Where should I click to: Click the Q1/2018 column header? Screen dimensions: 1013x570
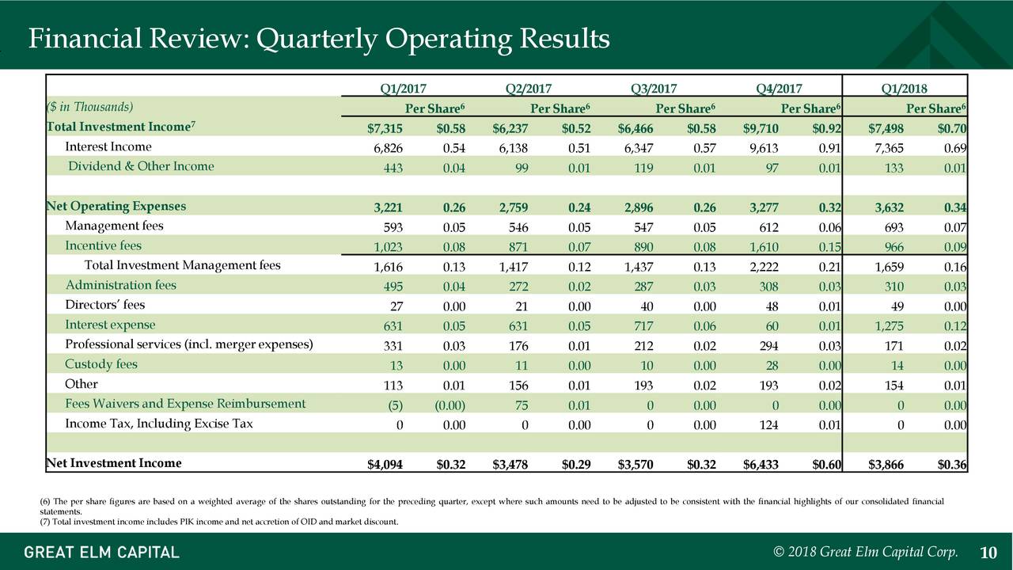[904, 89]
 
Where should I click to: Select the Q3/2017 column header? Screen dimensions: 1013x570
[654, 89]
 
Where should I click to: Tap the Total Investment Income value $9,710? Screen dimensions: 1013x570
[761, 129]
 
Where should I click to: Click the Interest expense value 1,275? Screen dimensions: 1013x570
[890, 326]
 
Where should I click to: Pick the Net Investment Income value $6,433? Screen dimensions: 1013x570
[761, 465]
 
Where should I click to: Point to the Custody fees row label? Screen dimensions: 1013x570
[101, 365]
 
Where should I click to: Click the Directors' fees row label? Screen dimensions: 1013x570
[105, 305]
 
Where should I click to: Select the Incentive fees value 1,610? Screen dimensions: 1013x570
[764, 248]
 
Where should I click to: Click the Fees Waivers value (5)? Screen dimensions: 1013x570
[395, 406]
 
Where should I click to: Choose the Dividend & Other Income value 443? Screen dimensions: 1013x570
[393, 169]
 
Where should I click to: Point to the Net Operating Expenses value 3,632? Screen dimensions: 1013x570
[889, 207]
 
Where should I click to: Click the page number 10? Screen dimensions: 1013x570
[988, 553]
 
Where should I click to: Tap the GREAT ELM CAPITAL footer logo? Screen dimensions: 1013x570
[102, 553]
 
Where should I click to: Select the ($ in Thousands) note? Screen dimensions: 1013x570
[90, 107]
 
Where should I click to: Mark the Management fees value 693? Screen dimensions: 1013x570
[894, 227]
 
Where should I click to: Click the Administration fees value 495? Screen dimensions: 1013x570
[393, 287]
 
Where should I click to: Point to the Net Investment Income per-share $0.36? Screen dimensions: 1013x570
[952, 465]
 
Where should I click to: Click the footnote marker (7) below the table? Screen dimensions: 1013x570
[45, 522]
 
